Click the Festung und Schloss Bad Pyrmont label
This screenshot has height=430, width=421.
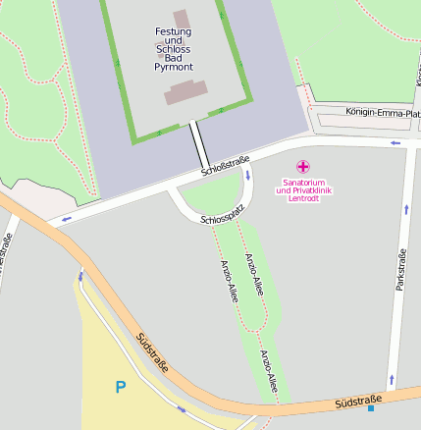click(x=174, y=49)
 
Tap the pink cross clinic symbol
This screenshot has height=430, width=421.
click(x=302, y=167)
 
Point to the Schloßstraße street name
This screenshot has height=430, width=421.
click(x=226, y=166)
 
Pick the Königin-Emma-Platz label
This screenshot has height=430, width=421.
click(x=381, y=112)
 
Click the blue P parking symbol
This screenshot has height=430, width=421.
click(x=120, y=388)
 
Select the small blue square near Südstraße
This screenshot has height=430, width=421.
click(x=371, y=407)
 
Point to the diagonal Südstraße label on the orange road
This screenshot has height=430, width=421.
click(x=152, y=352)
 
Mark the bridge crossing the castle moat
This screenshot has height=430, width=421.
click(x=199, y=144)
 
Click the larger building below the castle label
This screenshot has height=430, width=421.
click(x=186, y=92)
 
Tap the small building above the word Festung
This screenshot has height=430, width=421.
click(x=182, y=19)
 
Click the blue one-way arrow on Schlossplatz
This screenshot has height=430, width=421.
click(x=247, y=176)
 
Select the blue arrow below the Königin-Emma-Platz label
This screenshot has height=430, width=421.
click(x=395, y=143)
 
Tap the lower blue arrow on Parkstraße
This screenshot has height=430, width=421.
click(x=393, y=378)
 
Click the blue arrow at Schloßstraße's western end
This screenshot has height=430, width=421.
click(x=67, y=219)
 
